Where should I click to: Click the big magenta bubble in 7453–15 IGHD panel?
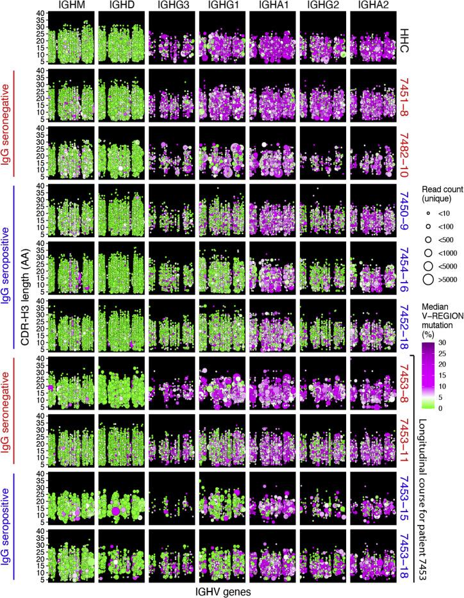click(116, 511)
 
